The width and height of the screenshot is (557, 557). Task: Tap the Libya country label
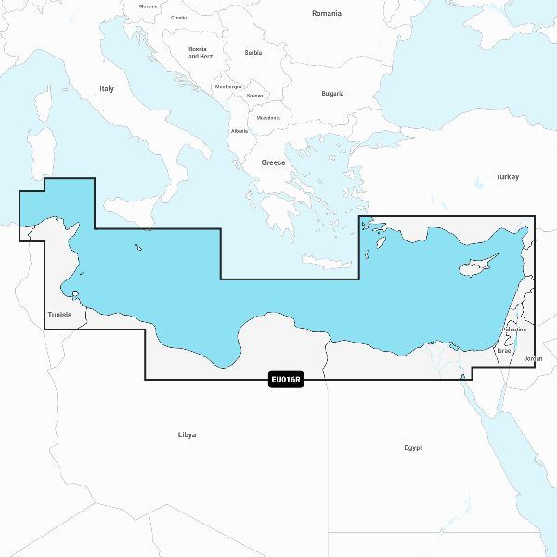tap(187, 434)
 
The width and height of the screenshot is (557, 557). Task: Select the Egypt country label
tap(413, 447)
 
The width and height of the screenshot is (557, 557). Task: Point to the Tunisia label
tap(58, 315)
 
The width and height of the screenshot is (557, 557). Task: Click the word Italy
tap(107, 89)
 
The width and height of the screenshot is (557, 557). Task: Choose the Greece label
tap(273, 162)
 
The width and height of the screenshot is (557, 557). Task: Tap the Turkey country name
tap(507, 176)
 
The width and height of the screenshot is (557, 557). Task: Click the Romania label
tap(326, 13)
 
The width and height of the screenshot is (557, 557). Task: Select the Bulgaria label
tap(332, 93)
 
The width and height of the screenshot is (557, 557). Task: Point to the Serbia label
tap(253, 53)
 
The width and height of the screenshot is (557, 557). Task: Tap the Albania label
tap(240, 131)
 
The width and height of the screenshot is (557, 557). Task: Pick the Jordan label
tap(533, 358)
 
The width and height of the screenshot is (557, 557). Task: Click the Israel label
tap(504, 351)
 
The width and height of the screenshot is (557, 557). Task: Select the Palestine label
tap(514, 330)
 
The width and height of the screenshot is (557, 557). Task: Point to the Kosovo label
tap(254, 96)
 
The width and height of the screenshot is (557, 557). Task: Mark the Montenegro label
tap(227, 87)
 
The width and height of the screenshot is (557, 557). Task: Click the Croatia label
tap(178, 18)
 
